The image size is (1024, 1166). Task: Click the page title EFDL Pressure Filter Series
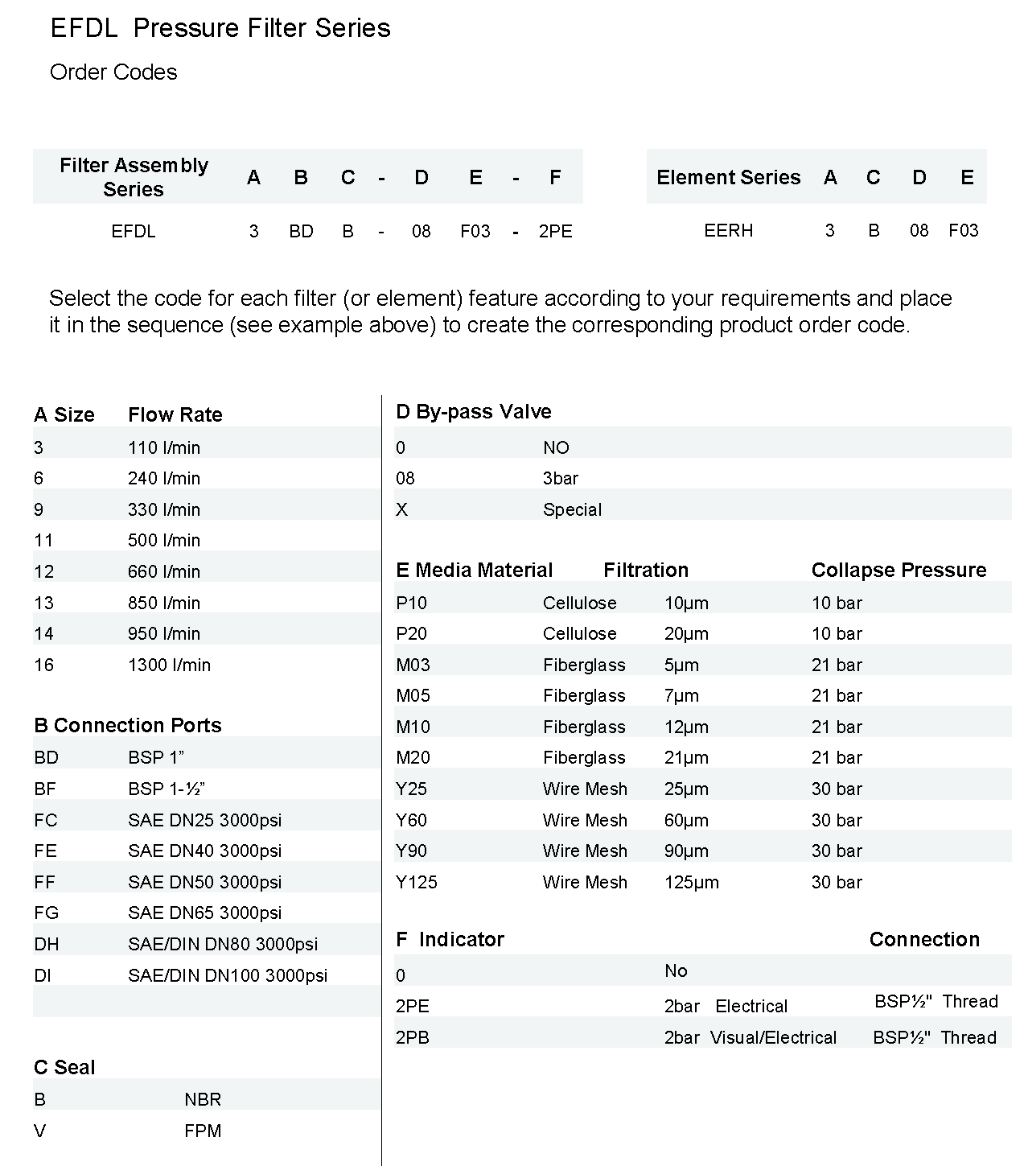(x=220, y=28)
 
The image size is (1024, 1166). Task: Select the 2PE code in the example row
(x=555, y=232)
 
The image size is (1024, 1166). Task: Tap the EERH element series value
(x=728, y=231)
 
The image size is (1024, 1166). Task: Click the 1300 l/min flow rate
(x=169, y=665)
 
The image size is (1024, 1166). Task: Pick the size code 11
(x=43, y=540)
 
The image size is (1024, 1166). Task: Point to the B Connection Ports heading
(x=127, y=725)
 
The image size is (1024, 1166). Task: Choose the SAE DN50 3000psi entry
(x=204, y=882)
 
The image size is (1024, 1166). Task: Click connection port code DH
(x=47, y=944)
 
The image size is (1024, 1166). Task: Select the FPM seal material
(x=203, y=1131)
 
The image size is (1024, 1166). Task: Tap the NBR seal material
(x=203, y=1099)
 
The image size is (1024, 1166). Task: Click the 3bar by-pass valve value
(x=561, y=478)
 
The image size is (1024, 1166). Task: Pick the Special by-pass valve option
(x=572, y=509)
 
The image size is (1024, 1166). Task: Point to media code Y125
(x=417, y=882)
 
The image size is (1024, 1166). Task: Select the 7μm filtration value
(x=681, y=695)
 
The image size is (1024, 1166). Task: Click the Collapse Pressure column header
(x=899, y=570)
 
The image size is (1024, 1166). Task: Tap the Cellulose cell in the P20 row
(x=579, y=633)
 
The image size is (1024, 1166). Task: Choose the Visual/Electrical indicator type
(x=773, y=1037)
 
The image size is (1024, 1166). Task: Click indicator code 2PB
(x=413, y=1037)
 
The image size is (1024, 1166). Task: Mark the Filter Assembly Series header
(x=134, y=177)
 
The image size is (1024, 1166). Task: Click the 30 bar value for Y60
(x=837, y=820)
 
